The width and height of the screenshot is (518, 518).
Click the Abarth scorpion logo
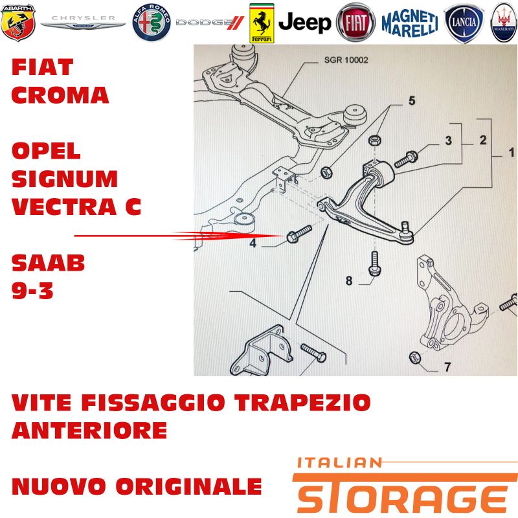point(18,23)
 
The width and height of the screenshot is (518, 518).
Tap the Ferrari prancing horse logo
point(262,23)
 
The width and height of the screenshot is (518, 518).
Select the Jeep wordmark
point(304,23)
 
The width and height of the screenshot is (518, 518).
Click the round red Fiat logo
point(355,23)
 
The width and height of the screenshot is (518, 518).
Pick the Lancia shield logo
point(464,23)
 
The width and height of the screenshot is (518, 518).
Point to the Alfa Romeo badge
point(152,23)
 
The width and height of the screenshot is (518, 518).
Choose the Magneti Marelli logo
point(410,23)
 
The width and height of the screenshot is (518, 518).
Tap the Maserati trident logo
point(504,23)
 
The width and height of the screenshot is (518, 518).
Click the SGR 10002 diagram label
point(346,60)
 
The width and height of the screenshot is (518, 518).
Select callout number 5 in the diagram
point(412,100)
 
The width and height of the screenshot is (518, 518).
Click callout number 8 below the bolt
point(349,280)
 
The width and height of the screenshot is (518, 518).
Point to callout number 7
point(447,366)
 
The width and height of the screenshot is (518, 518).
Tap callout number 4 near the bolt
point(253,243)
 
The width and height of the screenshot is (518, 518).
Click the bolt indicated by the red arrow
point(299,233)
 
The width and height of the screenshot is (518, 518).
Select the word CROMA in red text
point(60,95)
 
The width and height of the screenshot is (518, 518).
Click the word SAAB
point(48,263)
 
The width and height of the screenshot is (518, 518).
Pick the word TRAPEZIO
point(302,402)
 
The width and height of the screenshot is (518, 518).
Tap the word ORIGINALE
point(188,486)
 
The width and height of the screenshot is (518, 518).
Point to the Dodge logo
point(210,23)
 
